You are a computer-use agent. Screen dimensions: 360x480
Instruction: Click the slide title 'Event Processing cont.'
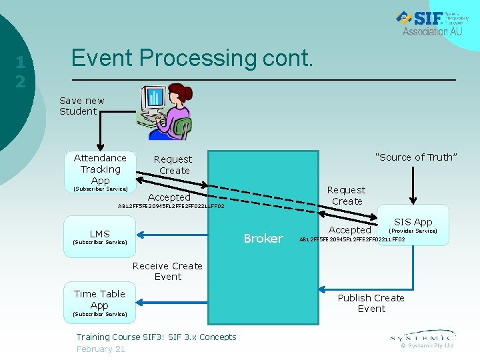click(x=192, y=59)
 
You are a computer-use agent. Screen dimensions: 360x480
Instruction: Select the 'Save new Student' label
click(x=81, y=106)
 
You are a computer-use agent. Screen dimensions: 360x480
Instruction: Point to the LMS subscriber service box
click(x=99, y=237)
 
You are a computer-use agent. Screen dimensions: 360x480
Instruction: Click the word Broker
click(x=263, y=239)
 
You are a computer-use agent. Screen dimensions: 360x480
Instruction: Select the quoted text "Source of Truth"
click(x=416, y=157)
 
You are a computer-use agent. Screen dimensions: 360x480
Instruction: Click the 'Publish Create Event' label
click(x=371, y=303)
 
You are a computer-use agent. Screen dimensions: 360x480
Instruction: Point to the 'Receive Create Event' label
click(x=167, y=271)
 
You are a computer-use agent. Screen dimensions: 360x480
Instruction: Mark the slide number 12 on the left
click(x=21, y=72)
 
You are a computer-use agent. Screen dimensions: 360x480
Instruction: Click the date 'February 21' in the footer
click(x=101, y=349)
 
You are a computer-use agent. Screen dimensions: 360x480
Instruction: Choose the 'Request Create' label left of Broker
click(x=173, y=165)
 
